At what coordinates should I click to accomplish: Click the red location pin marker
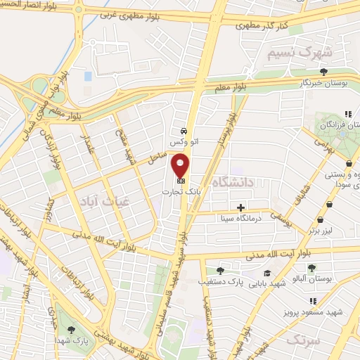(181, 167)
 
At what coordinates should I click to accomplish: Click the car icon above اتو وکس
(184, 131)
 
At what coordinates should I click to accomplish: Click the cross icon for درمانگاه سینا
(241, 207)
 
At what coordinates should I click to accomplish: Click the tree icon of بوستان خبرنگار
(323, 72)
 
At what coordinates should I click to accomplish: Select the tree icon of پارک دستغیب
(220, 271)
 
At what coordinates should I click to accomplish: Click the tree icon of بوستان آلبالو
(311, 267)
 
